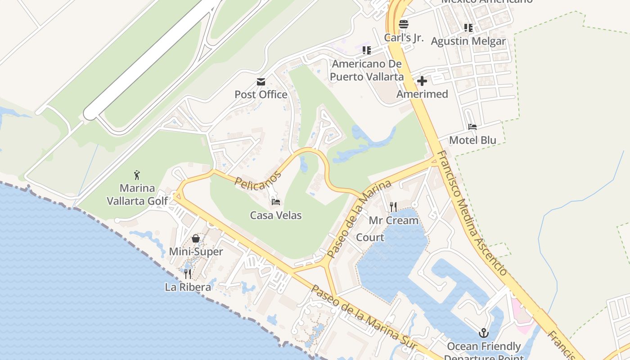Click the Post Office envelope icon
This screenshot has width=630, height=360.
[261, 82]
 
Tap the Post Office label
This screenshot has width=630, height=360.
[261, 94]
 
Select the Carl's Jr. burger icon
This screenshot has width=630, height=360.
[404, 24]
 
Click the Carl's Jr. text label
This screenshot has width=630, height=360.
[404, 38]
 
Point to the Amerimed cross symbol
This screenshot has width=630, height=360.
[422, 81]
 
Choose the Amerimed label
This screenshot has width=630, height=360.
[422, 94]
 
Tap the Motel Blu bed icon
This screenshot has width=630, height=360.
[472, 127]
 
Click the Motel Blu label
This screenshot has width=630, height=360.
[472, 140]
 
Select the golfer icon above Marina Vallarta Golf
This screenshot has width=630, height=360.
[137, 175]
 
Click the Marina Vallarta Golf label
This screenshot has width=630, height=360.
[137, 194]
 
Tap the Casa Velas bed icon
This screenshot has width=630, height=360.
[276, 202]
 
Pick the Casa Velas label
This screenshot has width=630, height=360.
[276, 216]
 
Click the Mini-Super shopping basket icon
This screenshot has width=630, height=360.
[196, 238]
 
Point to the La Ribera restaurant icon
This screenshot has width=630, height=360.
[188, 274]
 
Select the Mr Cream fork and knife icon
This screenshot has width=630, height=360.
[393, 207]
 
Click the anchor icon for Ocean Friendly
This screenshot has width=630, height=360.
[484, 333]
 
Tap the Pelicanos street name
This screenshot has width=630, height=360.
[258, 180]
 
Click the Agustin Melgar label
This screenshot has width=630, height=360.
[468, 41]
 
